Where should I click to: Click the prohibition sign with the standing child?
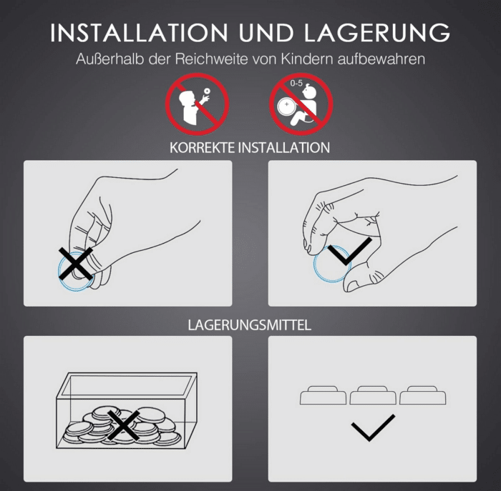[197, 104]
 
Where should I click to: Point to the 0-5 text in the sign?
[297, 84]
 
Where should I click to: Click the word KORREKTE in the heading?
[202, 148]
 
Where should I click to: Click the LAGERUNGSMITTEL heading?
[249, 325]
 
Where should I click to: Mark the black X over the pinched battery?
[75, 262]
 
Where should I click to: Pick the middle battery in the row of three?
[372, 395]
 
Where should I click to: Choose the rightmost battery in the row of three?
[422, 395]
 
